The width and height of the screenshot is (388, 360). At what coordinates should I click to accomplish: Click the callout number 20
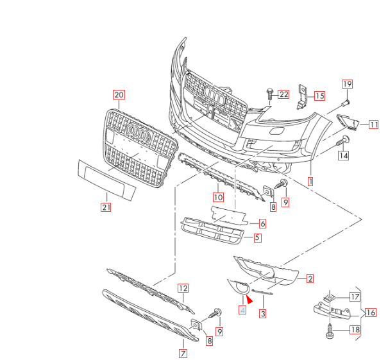(x=119, y=94)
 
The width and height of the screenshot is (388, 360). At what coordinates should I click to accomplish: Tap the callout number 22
(x=283, y=94)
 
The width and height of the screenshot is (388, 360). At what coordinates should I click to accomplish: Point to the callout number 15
(x=319, y=96)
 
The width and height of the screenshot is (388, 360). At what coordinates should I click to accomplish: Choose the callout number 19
(x=347, y=84)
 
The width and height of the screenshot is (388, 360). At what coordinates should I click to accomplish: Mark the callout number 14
(x=344, y=155)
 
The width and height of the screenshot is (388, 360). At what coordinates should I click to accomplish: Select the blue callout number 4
(x=242, y=309)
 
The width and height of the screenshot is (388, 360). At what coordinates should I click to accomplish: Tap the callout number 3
(x=262, y=314)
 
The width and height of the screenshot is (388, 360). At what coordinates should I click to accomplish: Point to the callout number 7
(x=183, y=353)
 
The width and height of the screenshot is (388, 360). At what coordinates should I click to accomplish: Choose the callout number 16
(x=371, y=313)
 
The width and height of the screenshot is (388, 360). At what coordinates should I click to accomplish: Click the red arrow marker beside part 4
(x=249, y=298)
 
